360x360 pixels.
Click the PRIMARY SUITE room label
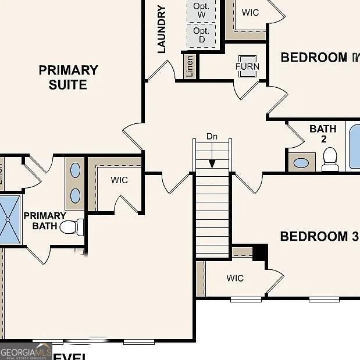click(68, 77)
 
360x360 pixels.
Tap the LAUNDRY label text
click(162, 29)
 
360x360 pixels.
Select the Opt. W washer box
click(201, 10)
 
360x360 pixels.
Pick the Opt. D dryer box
click(201, 35)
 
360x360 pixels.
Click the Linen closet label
click(190, 66)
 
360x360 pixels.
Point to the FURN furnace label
click(247, 66)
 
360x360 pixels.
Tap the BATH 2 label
click(323, 134)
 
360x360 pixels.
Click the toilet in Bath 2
click(330, 159)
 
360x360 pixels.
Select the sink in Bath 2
click(301, 162)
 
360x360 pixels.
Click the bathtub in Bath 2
click(354, 145)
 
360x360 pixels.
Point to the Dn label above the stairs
click(212, 137)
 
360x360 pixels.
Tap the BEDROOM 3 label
click(319, 237)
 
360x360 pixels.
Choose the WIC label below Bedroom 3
click(235, 279)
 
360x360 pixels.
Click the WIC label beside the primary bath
click(119, 180)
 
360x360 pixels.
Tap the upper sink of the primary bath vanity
click(76, 170)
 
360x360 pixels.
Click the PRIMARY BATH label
click(45, 221)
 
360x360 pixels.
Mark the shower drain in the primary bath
click(8, 219)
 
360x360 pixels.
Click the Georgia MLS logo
click(26, 351)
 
